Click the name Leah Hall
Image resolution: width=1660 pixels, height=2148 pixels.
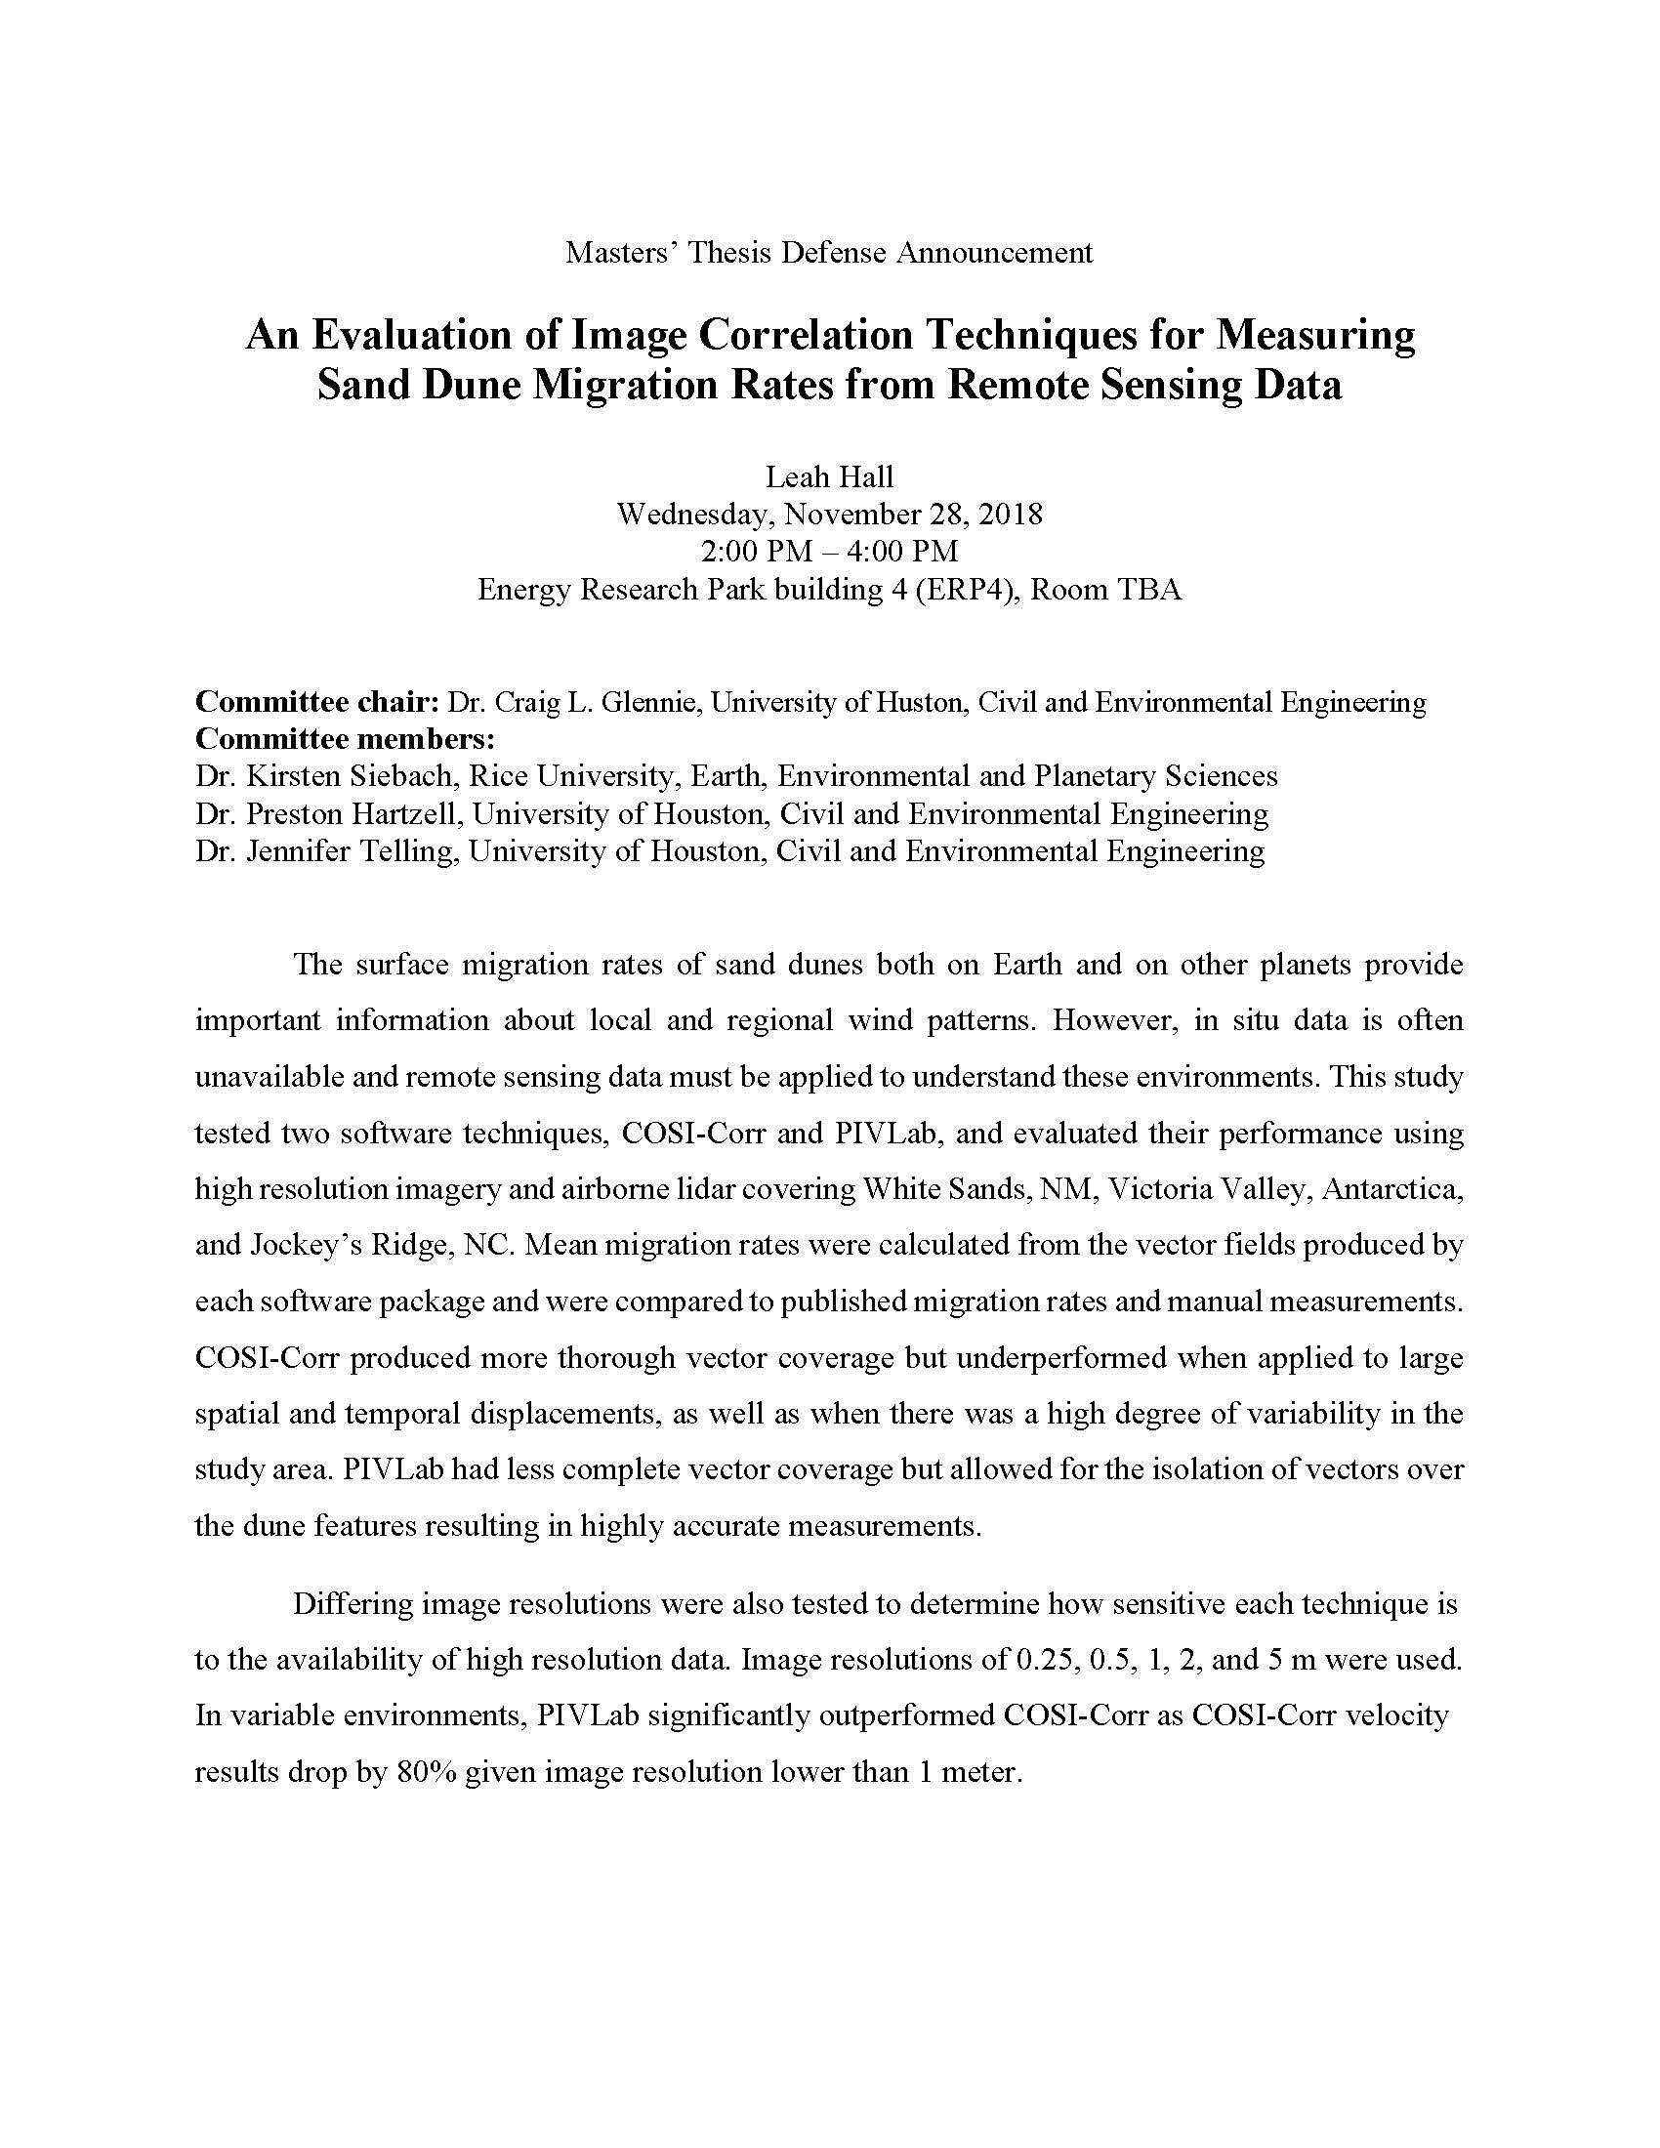pyautogui.click(x=829, y=477)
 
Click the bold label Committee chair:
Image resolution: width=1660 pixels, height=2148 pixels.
pyautogui.click(x=316, y=701)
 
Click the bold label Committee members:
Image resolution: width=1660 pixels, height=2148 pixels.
pyautogui.click(x=344, y=739)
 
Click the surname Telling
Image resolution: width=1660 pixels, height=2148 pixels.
pyautogui.click(x=403, y=850)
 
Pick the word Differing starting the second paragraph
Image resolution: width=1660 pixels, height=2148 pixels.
pyautogui.click(x=352, y=1603)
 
